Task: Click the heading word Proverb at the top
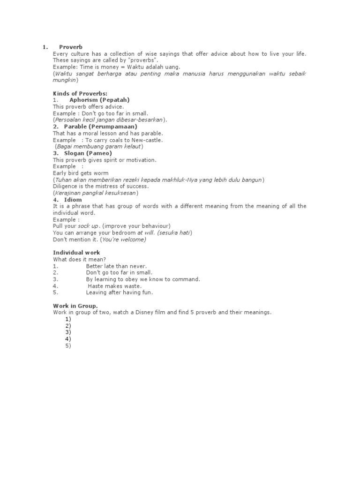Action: click(x=71, y=47)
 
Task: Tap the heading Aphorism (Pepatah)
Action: click(x=99, y=100)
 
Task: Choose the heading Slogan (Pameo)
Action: click(x=88, y=153)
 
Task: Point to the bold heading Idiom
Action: click(x=73, y=200)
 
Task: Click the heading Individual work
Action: click(x=76, y=253)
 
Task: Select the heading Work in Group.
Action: click(x=75, y=306)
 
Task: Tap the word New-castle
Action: click(x=147, y=140)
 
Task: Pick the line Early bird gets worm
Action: click(x=81, y=173)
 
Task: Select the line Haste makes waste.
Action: click(x=114, y=286)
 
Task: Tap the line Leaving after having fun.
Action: click(x=120, y=292)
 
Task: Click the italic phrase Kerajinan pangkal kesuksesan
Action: click(x=96, y=193)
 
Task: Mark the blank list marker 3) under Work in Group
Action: click(x=68, y=332)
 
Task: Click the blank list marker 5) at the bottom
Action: click(x=68, y=346)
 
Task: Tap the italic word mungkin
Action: click(x=65, y=81)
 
